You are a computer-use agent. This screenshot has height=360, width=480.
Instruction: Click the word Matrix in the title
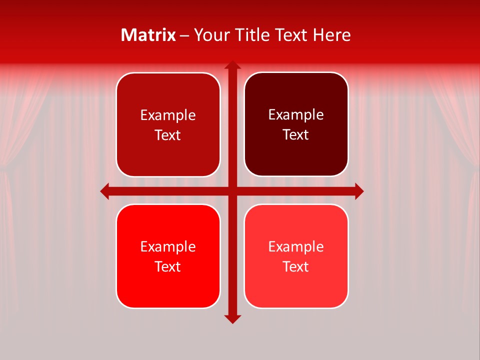148,35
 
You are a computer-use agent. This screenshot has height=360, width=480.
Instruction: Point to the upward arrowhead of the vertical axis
232,65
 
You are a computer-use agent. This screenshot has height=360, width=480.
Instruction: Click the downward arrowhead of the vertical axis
232,319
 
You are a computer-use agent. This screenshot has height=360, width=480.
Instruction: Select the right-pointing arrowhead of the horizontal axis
359,191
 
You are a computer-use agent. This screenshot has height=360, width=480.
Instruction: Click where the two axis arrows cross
232,191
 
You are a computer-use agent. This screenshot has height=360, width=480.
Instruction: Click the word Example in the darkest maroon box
296,115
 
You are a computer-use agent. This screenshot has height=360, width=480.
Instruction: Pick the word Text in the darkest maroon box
296,135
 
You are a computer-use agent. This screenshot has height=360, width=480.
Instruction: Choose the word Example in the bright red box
168,246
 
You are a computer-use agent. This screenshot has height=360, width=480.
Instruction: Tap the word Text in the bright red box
168,266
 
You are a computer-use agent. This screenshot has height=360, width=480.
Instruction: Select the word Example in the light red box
296,246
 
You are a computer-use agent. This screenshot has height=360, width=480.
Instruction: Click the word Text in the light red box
296,266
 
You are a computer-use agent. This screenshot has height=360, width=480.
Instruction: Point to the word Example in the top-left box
168,115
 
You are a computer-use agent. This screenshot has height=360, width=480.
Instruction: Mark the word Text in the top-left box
168,135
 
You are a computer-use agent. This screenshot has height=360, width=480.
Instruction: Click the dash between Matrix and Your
184,35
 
